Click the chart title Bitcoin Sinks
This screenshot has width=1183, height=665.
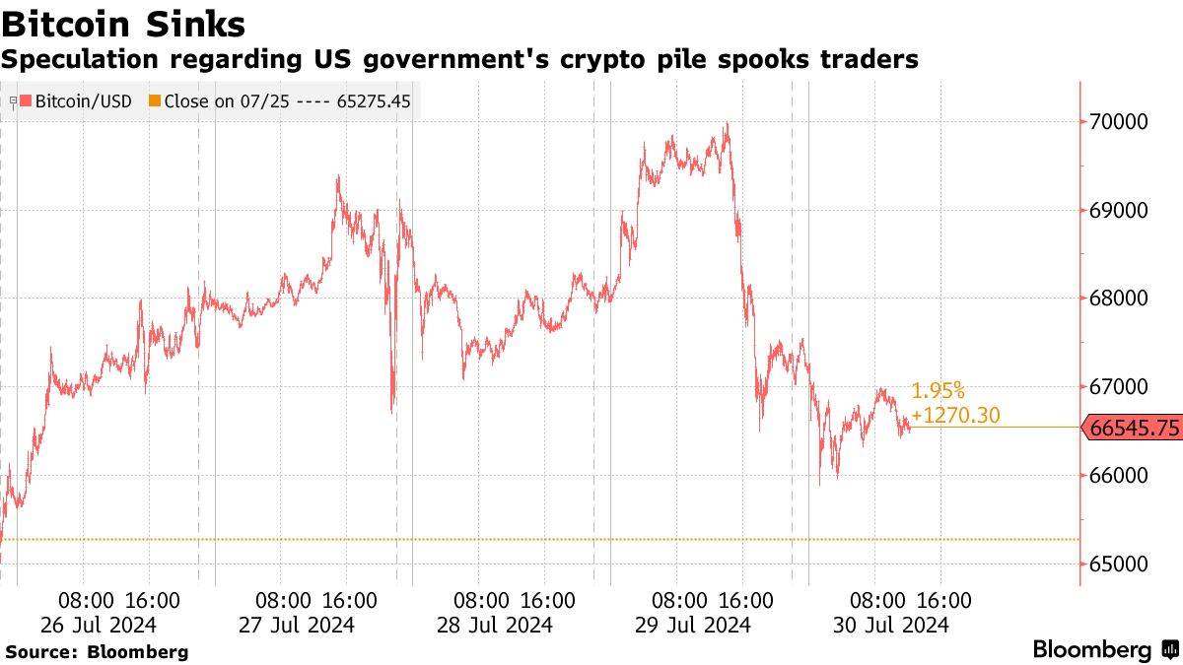(123, 22)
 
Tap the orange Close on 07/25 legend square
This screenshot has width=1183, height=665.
(154, 100)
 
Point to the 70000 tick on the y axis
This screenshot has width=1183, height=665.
(1121, 122)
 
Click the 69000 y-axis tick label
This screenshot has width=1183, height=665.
(1121, 211)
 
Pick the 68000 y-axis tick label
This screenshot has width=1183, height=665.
(1121, 299)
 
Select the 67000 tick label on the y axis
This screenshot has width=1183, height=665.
(1121, 387)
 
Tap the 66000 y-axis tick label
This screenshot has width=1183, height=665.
(1121, 476)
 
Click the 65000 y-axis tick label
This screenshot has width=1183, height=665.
(1121, 565)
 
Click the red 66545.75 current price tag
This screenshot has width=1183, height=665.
(1134, 428)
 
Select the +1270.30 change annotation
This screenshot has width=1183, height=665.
(955, 416)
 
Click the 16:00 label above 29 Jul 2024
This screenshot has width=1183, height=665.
(743, 600)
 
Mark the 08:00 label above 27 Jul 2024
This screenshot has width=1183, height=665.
(282, 600)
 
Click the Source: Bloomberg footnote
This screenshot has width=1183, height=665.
(97, 651)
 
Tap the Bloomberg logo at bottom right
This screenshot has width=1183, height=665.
(1104, 650)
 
